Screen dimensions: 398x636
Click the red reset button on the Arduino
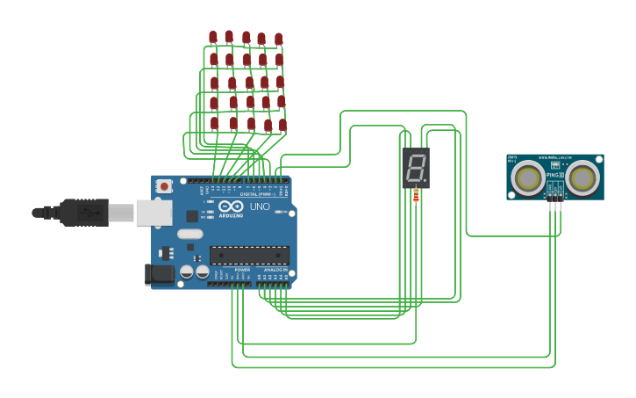pyautogui.click(x=164, y=186)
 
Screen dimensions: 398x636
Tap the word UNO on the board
pyautogui.click(x=261, y=206)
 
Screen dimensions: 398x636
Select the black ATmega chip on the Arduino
pyautogui.click(x=249, y=255)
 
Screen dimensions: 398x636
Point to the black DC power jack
pyautogui.click(x=159, y=274)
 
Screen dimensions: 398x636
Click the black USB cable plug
pyautogui.click(x=84, y=212)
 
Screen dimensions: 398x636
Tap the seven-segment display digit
pyautogui.click(x=416, y=166)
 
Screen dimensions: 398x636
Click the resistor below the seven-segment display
pyautogui.click(x=416, y=196)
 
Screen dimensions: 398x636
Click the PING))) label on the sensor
pyautogui.click(x=555, y=175)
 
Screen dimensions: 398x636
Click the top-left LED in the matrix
pyautogui.click(x=213, y=37)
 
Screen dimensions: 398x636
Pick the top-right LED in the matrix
pyautogui.click(x=279, y=40)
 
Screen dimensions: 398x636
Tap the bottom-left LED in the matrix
pyautogui.click(x=214, y=123)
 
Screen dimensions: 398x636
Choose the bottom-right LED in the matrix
pyautogui.click(x=282, y=125)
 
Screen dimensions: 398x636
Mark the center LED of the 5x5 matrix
pyautogui.click(x=249, y=83)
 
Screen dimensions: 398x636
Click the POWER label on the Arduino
pyautogui.click(x=230, y=270)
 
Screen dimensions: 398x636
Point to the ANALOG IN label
pyautogui.click(x=276, y=270)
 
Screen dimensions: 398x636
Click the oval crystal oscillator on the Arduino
pyautogui.click(x=189, y=234)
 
